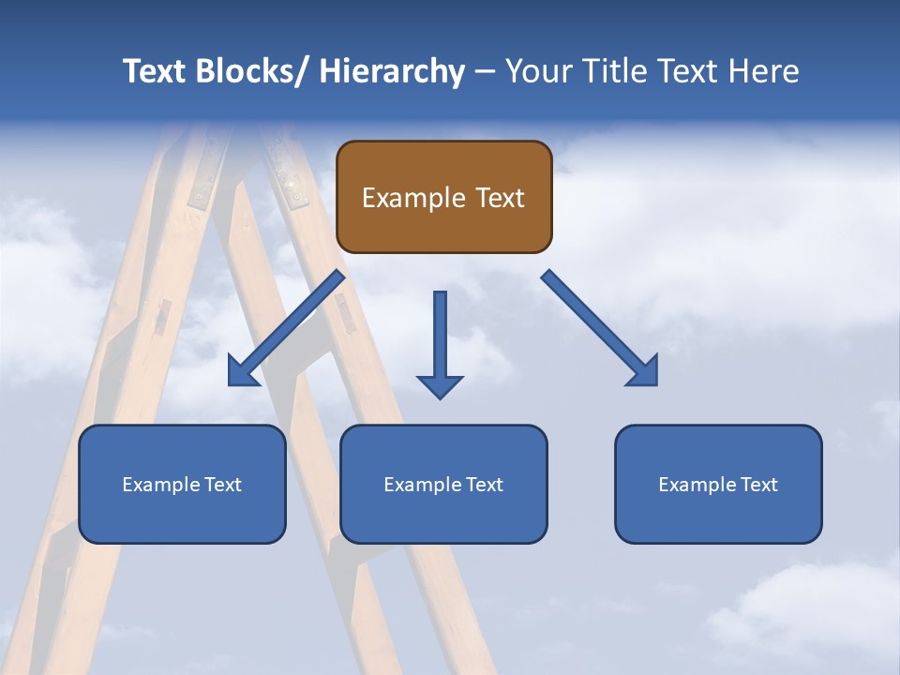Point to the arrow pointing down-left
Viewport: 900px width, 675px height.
click(286, 328)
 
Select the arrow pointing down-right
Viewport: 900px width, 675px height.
click(600, 328)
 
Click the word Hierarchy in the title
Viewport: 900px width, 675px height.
click(392, 71)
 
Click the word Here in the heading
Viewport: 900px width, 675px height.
click(764, 71)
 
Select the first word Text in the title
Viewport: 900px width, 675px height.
click(156, 71)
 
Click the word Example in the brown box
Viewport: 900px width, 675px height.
click(412, 198)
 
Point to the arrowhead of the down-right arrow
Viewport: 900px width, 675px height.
click(645, 373)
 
